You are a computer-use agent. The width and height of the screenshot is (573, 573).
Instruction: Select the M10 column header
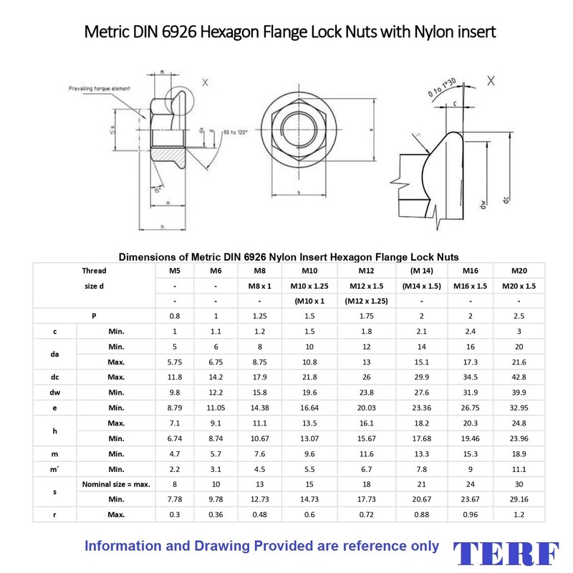(x=309, y=270)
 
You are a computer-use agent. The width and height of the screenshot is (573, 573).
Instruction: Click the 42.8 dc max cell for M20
(x=519, y=377)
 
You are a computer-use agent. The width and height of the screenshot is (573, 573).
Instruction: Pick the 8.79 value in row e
(x=174, y=407)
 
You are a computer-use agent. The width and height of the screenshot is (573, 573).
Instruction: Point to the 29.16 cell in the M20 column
(x=519, y=498)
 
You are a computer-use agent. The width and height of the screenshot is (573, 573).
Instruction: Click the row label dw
(x=55, y=392)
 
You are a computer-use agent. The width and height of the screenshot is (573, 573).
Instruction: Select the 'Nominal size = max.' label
(x=116, y=483)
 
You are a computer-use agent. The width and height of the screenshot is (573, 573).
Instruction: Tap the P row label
(x=94, y=316)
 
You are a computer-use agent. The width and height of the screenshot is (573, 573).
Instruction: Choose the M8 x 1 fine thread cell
(x=260, y=286)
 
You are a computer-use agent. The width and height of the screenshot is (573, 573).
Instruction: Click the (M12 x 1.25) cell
(x=366, y=301)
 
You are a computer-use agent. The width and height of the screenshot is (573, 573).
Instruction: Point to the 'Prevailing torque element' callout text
(x=100, y=88)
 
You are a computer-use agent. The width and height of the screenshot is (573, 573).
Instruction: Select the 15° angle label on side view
(x=156, y=188)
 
